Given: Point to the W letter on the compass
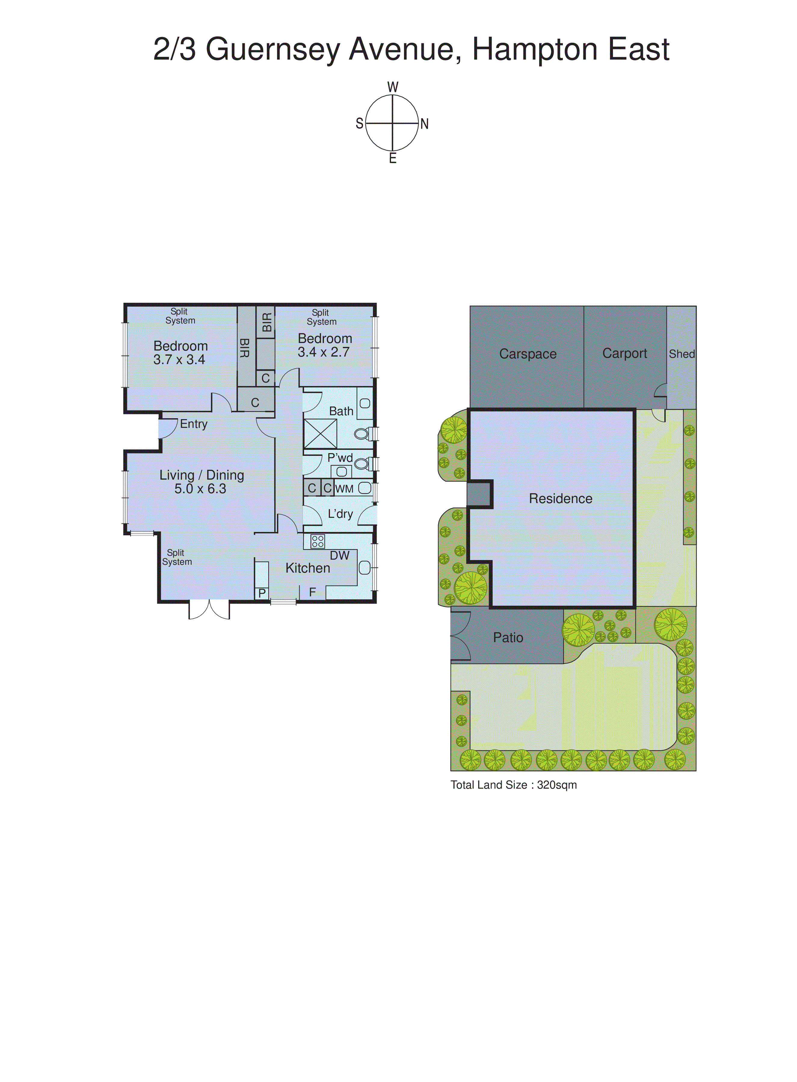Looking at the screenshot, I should click(x=393, y=87).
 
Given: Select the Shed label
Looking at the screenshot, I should click(x=682, y=354).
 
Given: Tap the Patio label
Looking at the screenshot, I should click(x=508, y=638).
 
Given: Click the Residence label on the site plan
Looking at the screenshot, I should click(x=561, y=499).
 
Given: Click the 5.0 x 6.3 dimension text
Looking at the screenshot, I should click(x=200, y=489).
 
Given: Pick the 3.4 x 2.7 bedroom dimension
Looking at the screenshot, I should click(x=323, y=352).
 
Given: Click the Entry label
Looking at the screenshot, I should click(x=193, y=424).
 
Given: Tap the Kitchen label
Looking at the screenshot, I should click(x=308, y=568).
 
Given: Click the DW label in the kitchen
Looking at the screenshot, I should click(x=339, y=555).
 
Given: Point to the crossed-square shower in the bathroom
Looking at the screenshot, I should click(x=320, y=433).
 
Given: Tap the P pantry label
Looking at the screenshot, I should click(x=262, y=593).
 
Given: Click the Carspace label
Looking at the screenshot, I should click(x=528, y=354).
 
